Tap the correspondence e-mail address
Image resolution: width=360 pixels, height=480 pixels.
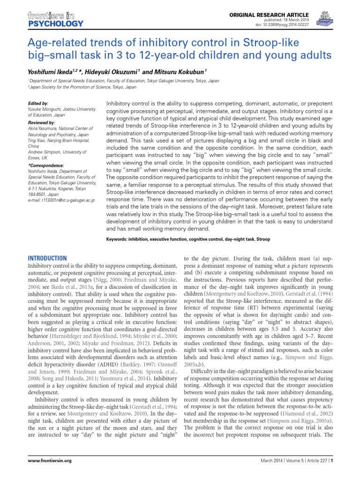tap(61, 200)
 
